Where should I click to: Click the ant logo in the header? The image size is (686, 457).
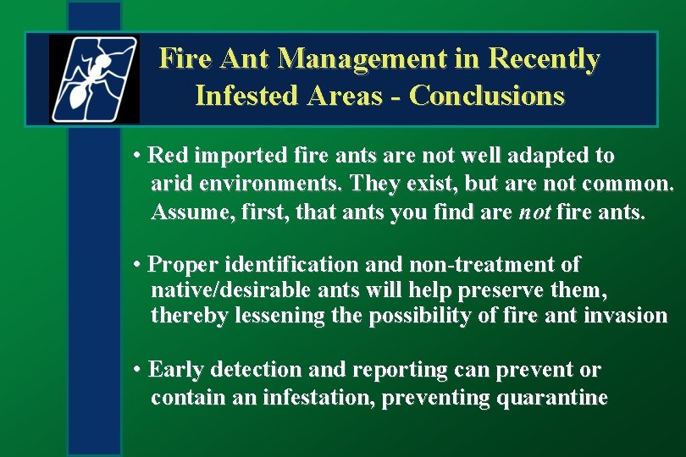coord(94,80)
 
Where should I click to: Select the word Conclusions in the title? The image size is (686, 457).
coord(486,96)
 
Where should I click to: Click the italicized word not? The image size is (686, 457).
coord(534,212)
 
